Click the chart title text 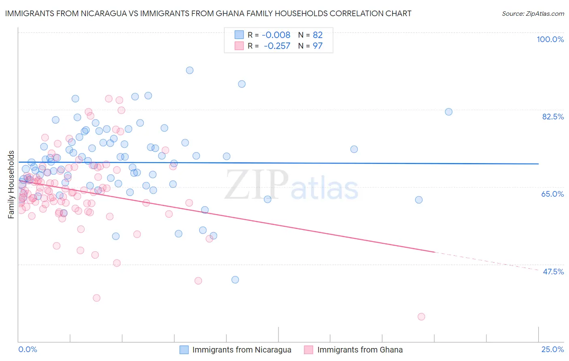208,13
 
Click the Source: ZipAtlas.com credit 533,13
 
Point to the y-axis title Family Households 11,184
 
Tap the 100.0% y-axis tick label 550,39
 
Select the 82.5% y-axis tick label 553,117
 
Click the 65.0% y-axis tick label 552,194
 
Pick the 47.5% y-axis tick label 553,272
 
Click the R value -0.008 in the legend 276,35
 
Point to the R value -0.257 277,46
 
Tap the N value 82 318,35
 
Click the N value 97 318,46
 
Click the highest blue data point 189,70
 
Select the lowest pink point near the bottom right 421,317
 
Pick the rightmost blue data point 448,112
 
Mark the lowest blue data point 235,280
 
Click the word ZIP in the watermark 257,184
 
